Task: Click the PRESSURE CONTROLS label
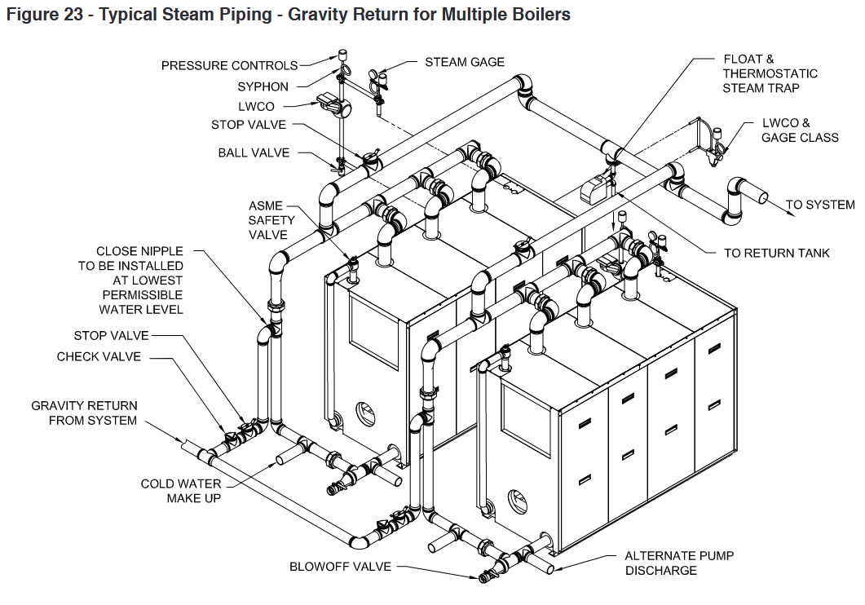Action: click(229, 66)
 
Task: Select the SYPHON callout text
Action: click(263, 86)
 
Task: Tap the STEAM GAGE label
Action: click(465, 62)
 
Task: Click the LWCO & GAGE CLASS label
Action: click(799, 130)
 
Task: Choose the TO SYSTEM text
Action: click(819, 205)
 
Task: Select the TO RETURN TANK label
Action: click(776, 254)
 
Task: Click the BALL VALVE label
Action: click(254, 152)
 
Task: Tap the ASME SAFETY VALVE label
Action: click(268, 220)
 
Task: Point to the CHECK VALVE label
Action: click(99, 357)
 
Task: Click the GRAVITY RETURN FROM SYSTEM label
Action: click(84, 413)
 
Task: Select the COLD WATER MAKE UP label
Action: click(180, 491)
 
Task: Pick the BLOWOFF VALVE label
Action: click(340, 567)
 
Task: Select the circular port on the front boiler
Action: click(518, 499)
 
